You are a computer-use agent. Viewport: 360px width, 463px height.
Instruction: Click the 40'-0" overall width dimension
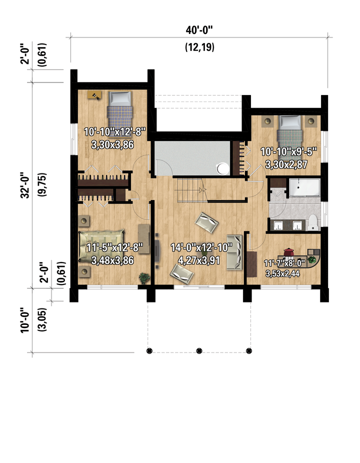[199, 30]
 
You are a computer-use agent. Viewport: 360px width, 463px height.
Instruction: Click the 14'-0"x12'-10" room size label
[201, 247]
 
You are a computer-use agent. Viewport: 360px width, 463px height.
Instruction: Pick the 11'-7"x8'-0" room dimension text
[284, 263]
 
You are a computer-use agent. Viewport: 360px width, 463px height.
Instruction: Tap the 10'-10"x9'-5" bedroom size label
[288, 152]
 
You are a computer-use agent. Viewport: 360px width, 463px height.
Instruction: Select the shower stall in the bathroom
[304, 187]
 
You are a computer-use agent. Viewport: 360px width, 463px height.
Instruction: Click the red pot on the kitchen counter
[288, 252]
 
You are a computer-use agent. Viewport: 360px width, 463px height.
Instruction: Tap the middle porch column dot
[199, 351]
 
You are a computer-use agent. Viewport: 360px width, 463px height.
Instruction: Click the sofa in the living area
[234, 252]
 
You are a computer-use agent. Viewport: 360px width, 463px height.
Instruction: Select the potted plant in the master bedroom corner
[144, 278]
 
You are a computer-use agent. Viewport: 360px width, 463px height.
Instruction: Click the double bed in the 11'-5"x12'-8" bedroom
[101, 245]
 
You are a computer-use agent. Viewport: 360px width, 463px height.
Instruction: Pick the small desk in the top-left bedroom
[95, 95]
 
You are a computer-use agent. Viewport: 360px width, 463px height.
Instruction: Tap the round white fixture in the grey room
[223, 169]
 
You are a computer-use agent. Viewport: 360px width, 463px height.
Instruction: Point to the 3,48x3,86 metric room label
[112, 260]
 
